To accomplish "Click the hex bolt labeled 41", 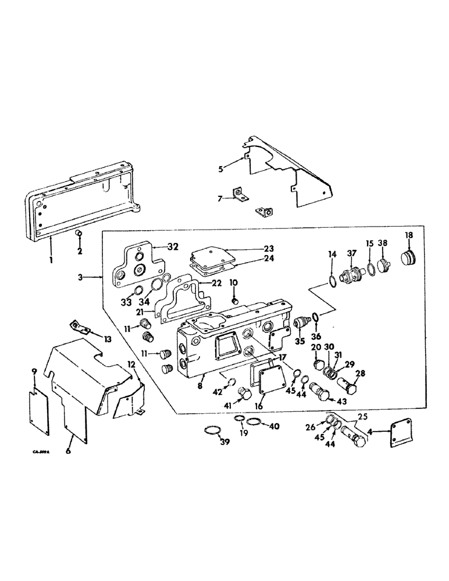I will click(x=244, y=395).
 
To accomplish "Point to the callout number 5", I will click(x=221, y=169).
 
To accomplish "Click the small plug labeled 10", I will click(x=235, y=301).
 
